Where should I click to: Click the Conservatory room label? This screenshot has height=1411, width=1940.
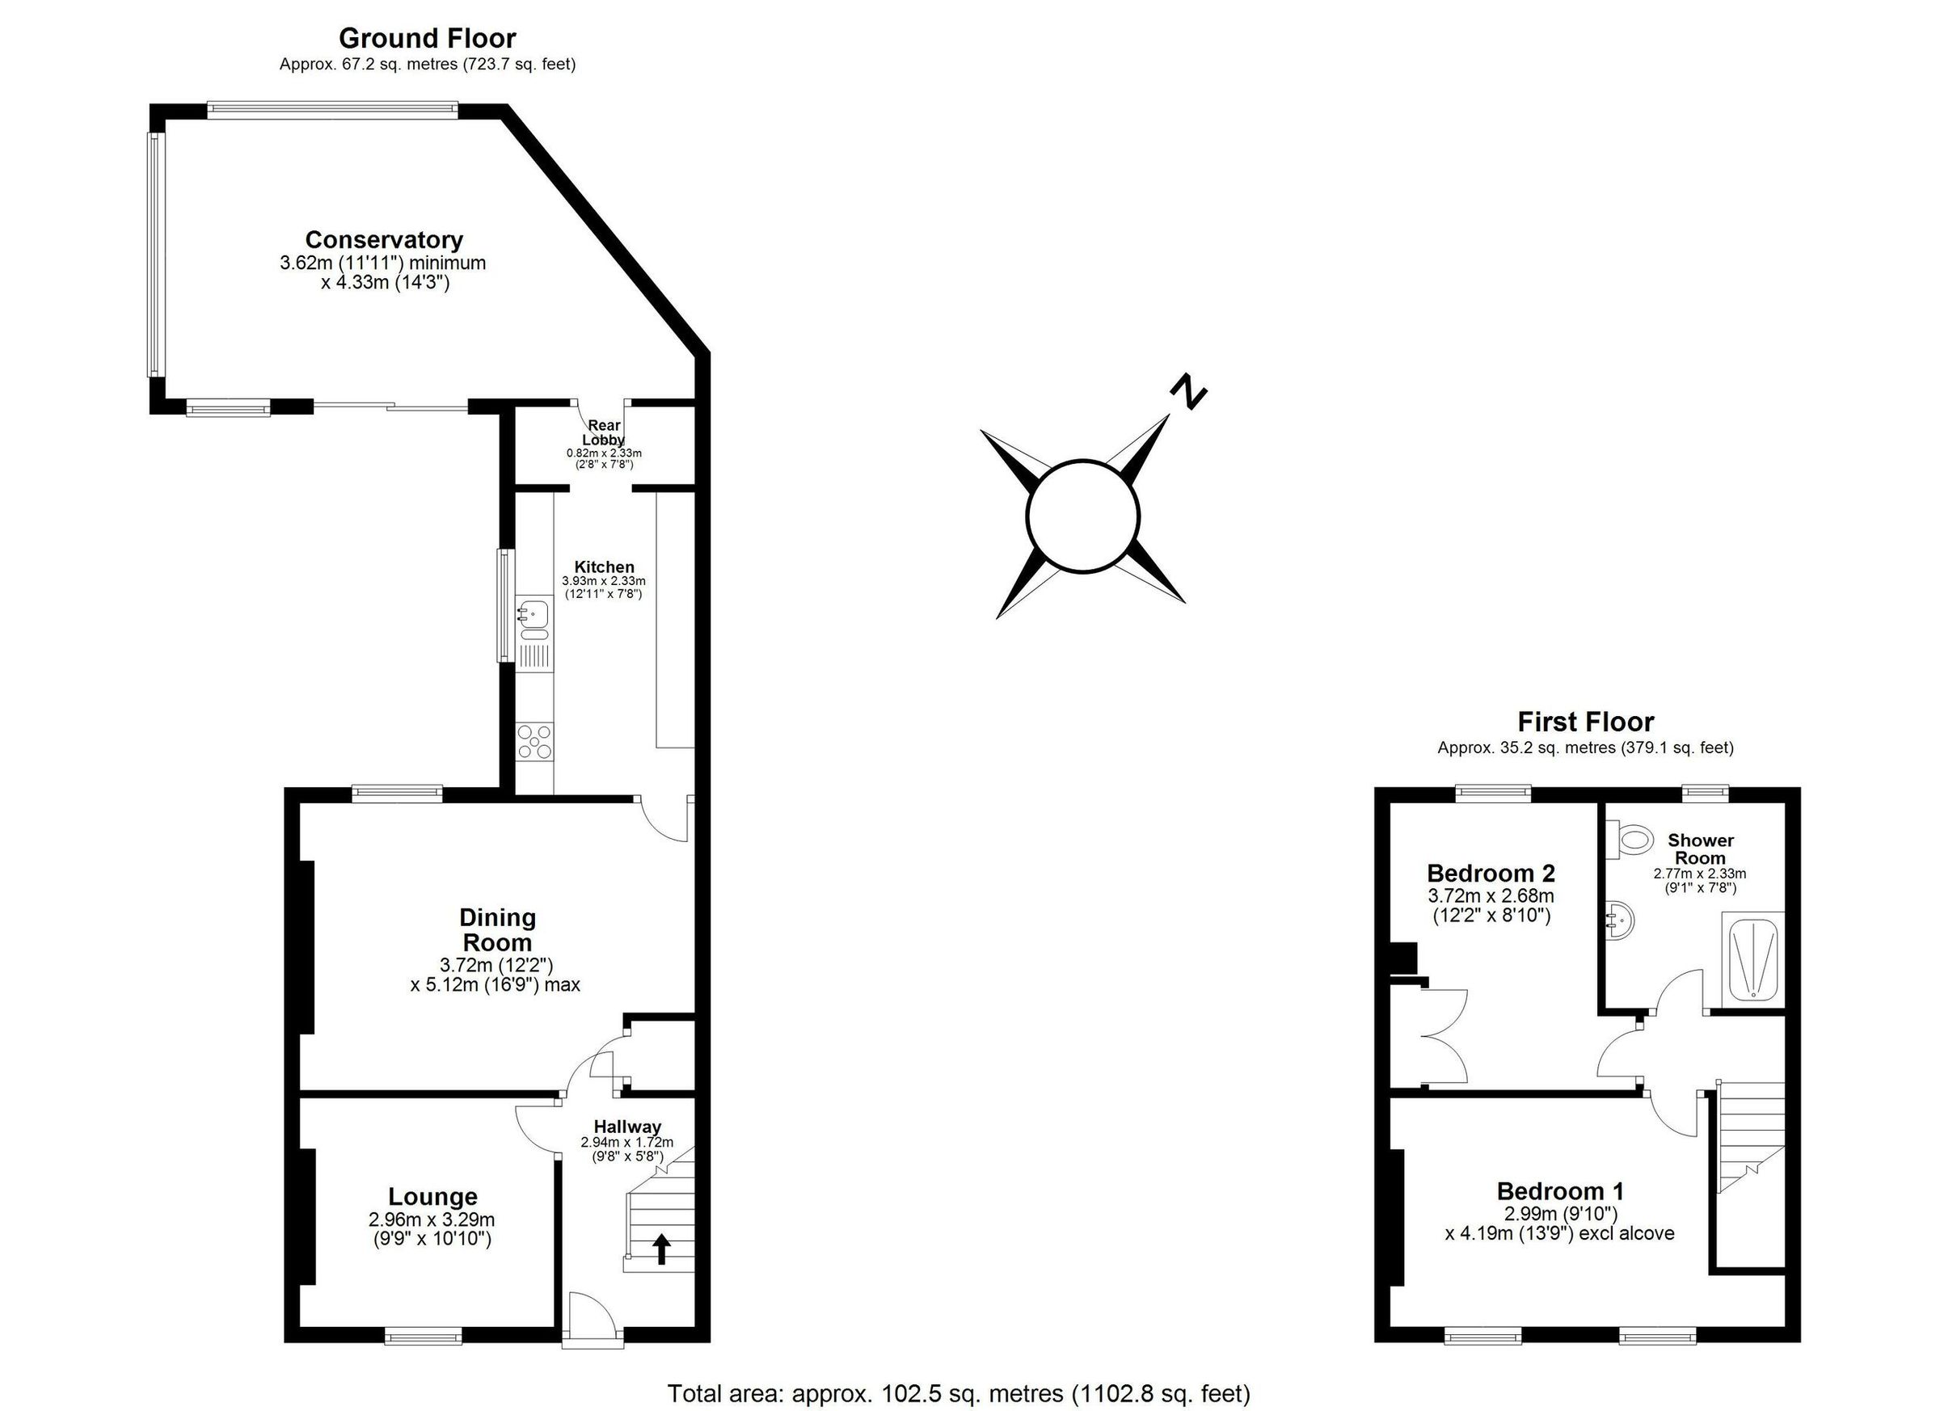[x=384, y=240]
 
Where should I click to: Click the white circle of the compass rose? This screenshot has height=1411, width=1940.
[x=1082, y=516]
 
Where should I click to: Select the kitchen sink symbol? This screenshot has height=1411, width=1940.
[x=534, y=613]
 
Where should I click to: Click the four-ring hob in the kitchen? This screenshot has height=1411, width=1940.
[x=534, y=740]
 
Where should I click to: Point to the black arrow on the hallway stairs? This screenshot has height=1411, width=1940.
[x=661, y=1249]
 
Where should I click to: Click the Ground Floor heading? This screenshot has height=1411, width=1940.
[x=427, y=39]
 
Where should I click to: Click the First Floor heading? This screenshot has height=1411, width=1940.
[x=1585, y=722]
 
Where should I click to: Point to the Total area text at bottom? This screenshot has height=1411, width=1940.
[x=958, y=1393]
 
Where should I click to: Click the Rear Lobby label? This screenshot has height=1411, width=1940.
[x=604, y=432]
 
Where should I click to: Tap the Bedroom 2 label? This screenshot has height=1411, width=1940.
[x=1490, y=873]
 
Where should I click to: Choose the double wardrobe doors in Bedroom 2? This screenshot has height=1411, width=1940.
[x=1444, y=1037]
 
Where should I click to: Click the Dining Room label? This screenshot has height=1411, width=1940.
[x=497, y=929]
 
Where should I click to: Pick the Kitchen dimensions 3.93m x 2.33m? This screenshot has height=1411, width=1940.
[x=604, y=581]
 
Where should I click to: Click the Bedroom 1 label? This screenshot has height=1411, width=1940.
[x=1559, y=1191]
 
